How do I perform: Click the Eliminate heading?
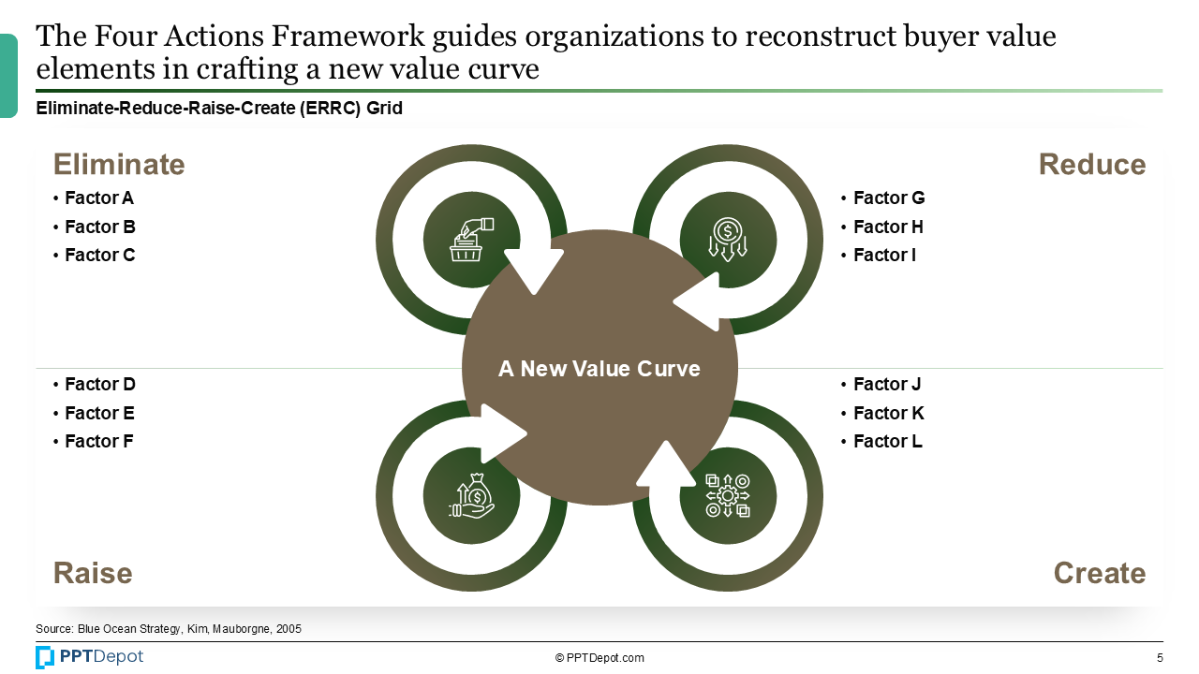[x=119, y=164]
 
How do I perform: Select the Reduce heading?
[x=1092, y=164]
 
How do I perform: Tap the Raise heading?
[x=93, y=573]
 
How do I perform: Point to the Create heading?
[x=1100, y=573]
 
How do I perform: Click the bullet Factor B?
[x=95, y=227]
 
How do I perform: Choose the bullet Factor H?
[x=882, y=227]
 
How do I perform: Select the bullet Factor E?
[x=94, y=413]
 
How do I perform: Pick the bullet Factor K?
[x=882, y=413]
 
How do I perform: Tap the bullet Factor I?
[x=879, y=256]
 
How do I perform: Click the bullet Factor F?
[x=93, y=441]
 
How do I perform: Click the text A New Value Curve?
[x=599, y=369]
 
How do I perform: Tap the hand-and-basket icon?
[x=471, y=240]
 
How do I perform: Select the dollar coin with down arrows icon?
[x=728, y=240]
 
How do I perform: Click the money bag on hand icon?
[x=471, y=496]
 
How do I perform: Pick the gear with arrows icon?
[x=728, y=496]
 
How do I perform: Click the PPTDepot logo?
[x=89, y=657]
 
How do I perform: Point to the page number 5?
[x=1160, y=658]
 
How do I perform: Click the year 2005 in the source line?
[x=289, y=629]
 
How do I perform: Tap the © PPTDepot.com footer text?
[x=599, y=658]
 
